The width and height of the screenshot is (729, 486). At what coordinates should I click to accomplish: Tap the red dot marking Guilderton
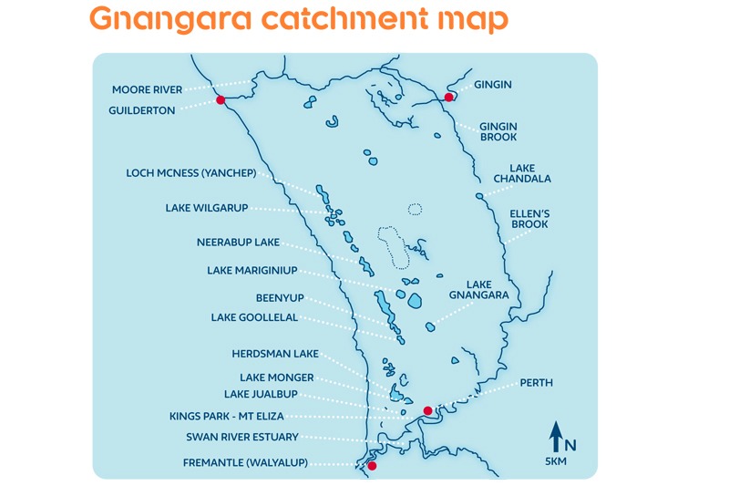221,101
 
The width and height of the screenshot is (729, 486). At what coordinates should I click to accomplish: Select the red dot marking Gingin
448,97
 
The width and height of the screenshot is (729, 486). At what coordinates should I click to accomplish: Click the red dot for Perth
427,410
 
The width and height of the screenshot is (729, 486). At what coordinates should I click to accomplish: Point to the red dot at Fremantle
371,466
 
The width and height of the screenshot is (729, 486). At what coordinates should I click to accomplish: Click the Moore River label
148,89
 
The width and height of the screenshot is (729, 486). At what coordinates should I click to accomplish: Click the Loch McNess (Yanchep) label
191,172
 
